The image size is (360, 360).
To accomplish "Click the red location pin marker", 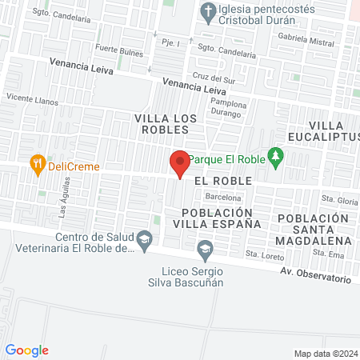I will click(179, 163).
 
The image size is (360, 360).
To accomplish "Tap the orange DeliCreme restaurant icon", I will click(37, 165).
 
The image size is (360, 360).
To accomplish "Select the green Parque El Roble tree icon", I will click(276, 157).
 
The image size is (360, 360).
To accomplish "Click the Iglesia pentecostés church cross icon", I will click(207, 11).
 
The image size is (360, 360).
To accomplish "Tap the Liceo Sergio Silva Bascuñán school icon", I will click(206, 250).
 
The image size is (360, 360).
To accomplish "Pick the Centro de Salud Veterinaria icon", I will click(144, 239).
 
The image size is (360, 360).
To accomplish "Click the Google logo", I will click(27, 350).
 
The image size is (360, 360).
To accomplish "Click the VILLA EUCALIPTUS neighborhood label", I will click(334, 131).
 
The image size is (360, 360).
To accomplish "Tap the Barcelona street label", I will click(223, 196).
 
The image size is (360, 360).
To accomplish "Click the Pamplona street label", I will click(228, 105).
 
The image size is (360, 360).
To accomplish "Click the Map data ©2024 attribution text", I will click(325, 353).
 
